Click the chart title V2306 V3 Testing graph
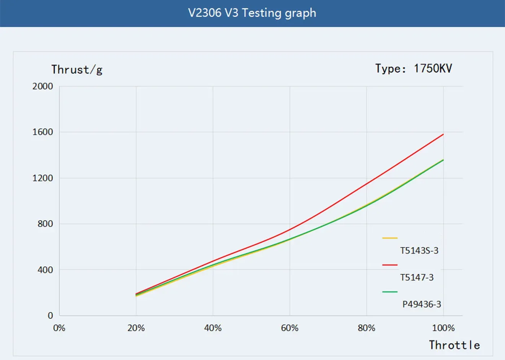(252, 13)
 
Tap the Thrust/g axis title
(77, 70)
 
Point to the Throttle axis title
(454, 345)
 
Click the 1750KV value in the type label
(433, 68)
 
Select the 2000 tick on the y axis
(43, 86)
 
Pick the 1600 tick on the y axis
(43, 132)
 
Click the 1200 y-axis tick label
(43, 178)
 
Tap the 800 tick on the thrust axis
(45, 224)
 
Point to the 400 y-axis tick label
(45, 270)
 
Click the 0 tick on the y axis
(50, 316)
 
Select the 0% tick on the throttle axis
(59, 328)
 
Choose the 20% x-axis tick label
(136, 328)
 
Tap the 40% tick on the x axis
(213, 328)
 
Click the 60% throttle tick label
(290, 328)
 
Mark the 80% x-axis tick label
(367, 328)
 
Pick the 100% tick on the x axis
(443, 328)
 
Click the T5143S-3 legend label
(419, 251)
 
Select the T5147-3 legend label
(417, 277)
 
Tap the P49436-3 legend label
(422, 304)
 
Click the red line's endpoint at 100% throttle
(443, 134)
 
